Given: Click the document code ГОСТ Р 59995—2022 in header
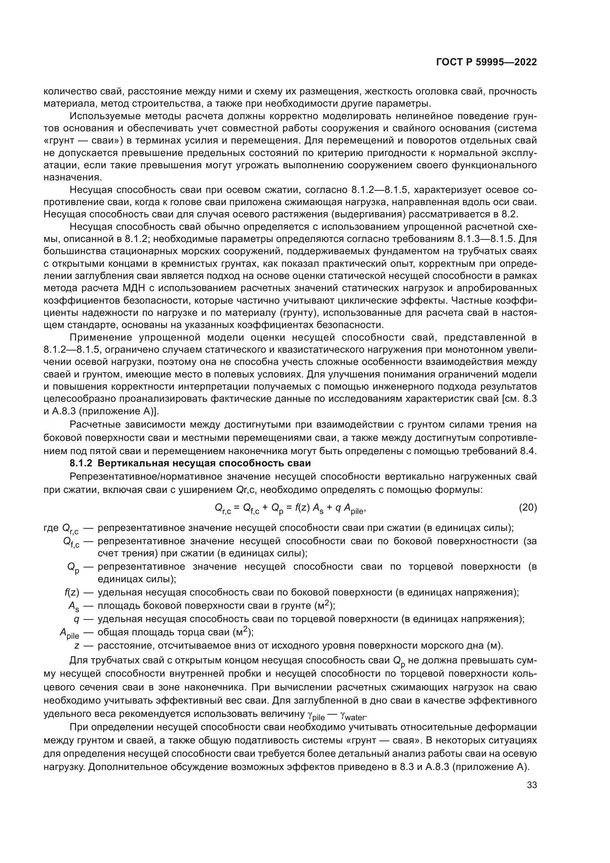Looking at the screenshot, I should tap(486, 62).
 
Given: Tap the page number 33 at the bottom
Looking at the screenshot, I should tap(531, 785).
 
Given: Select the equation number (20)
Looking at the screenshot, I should tap(527, 508).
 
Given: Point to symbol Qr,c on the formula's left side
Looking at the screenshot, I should tap(223, 508).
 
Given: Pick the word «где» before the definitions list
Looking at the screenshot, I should tap(51, 528).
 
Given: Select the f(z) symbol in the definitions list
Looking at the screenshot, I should tap(72, 593).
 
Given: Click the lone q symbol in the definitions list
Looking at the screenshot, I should tap(76, 619).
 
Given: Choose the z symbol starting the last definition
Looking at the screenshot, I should tap(77, 646).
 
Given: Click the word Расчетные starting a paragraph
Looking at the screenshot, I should tap(94, 425).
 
